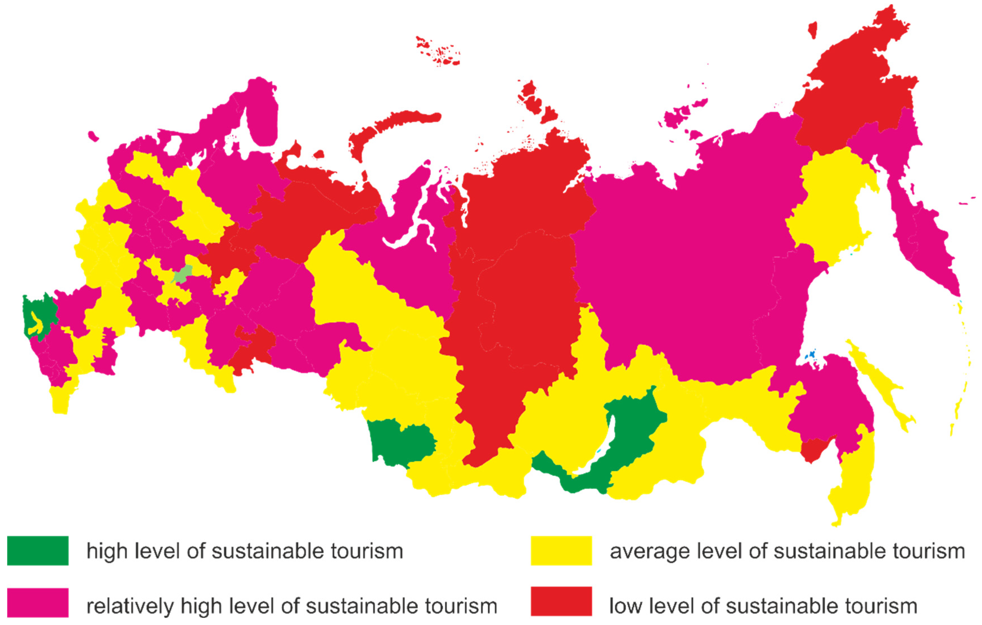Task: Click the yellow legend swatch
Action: coord(561,551)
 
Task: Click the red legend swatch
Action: coord(561,601)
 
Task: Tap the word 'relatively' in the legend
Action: coord(130,606)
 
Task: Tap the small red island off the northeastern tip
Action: coord(812,29)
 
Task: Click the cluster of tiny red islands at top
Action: coord(440,53)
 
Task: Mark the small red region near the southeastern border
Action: coord(816,450)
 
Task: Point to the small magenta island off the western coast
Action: coord(93,136)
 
